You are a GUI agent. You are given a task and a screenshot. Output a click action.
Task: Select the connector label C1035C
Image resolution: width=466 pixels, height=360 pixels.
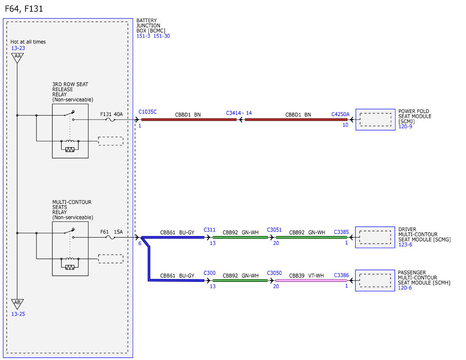[x=148, y=112]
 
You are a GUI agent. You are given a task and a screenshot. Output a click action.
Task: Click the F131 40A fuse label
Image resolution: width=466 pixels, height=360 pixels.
[x=111, y=114]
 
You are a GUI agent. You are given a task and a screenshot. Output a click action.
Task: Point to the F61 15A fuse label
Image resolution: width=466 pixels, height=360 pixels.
[x=111, y=232]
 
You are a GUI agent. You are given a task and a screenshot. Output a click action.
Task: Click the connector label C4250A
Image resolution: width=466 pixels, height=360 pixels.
[x=340, y=114]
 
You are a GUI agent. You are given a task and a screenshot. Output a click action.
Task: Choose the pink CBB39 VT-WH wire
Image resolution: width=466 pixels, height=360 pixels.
[x=311, y=280]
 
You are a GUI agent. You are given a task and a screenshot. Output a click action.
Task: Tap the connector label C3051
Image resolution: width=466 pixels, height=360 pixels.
[x=274, y=230]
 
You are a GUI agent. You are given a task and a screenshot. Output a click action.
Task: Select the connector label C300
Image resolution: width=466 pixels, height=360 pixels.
[x=210, y=273]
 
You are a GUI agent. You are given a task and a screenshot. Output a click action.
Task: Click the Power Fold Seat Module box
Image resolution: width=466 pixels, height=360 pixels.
[x=375, y=120]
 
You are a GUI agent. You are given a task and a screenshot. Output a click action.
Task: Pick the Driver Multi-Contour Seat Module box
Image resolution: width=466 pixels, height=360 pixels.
[x=375, y=237]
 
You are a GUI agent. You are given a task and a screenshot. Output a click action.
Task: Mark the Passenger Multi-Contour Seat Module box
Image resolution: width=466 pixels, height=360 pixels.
[x=375, y=280]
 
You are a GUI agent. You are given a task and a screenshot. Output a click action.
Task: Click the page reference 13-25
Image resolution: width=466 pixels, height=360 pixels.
[x=18, y=314]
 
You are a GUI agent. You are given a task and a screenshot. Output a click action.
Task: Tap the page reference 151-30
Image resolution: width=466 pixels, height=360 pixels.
[x=162, y=36]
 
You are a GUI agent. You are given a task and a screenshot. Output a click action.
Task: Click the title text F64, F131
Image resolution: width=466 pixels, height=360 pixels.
[x=24, y=9]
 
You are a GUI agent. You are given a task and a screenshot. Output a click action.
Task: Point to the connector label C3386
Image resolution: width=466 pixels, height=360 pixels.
[x=341, y=275]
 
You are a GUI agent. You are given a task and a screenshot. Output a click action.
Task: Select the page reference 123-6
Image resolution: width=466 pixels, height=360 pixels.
[x=405, y=245]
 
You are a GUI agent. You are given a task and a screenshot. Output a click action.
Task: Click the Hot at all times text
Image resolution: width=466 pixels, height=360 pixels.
[x=28, y=42]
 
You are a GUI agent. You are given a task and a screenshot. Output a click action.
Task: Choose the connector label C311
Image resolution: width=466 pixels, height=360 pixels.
[x=210, y=230]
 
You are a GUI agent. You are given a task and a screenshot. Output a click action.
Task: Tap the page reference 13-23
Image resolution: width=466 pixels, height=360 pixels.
[x=18, y=48]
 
